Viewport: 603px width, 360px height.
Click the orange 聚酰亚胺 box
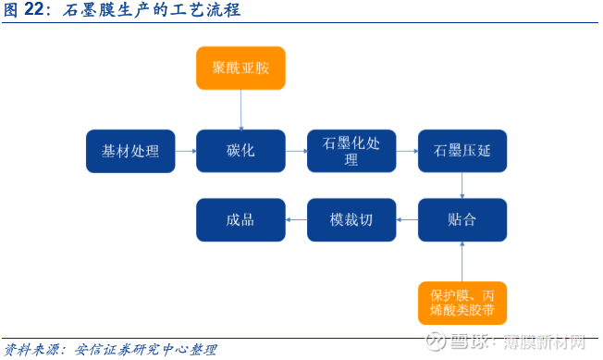pyautogui.click(x=240, y=68)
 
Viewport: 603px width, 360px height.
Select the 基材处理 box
pyautogui.click(x=130, y=151)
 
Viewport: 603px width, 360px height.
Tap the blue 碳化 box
pyautogui.click(x=240, y=151)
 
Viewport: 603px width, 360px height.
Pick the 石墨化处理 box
pyautogui.click(x=351, y=151)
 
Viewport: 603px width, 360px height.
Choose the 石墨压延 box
pyautogui.click(x=462, y=151)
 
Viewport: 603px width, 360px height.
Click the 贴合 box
pyautogui.click(x=462, y=220)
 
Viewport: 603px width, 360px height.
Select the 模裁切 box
pyautogui.click(x=351, y=220)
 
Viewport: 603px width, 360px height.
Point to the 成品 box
pyautogui.click(x=240, y=220)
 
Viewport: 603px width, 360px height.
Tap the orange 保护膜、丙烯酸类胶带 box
pyautogui.click(x=462, y=304)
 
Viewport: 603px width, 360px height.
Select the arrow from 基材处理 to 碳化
pyautogui.click(x=185, y=151)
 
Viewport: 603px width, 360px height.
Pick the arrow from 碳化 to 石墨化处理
pyautogui.click(x=296, y=151)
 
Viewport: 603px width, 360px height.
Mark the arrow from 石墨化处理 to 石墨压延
pyautogui.click(x=407, y=151)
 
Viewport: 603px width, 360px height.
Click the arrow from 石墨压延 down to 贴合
pyautogui.click(x=462, y=185)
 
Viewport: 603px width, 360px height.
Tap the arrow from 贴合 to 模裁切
pyautogui.click(x=407, y=220)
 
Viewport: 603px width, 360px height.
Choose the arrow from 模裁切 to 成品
pyautogui.click(x=296, y=220)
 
